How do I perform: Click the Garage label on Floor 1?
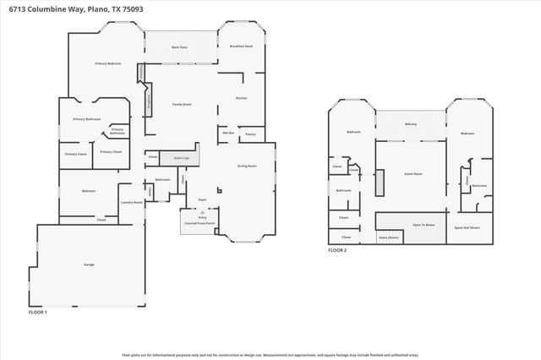(x=89, y=265)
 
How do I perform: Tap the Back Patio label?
(x=179, y=47)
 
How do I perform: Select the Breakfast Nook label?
(x=243, y=47)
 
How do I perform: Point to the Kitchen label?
(x=241, y=98)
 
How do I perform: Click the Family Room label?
(x=183, y=104)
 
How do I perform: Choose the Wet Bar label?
(x=228, y=133)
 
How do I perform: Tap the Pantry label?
(x=251, y=134)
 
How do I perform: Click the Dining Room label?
(x=247, y=166)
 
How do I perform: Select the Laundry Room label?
(x=131, y=202)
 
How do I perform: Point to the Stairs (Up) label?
(x=179, y=157)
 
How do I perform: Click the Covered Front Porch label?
(x=202, y=223)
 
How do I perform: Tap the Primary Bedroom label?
(x=107, y=64)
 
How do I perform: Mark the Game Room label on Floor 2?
(x=413, y=173)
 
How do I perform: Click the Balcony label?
(x=411, y=124)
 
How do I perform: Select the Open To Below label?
(x=424, y=225)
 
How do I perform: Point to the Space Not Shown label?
(x=467, y=227)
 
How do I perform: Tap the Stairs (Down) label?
(x=389, y=237)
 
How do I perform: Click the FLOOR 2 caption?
(x=337, y=250)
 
